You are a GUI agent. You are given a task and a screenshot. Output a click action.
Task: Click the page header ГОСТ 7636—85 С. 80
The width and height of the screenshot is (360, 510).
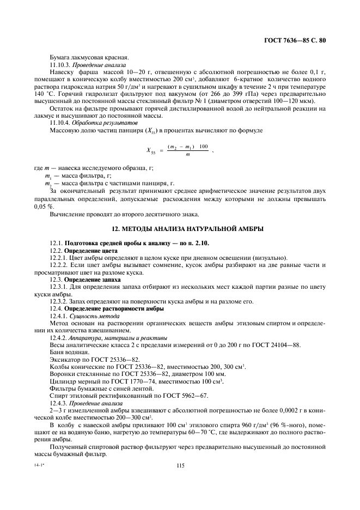point(295,40)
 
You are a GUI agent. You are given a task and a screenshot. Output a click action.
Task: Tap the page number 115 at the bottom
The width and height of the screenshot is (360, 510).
point(180,465)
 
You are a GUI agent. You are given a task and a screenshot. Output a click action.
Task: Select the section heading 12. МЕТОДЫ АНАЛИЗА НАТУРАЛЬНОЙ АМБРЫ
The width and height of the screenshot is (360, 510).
point(180,228)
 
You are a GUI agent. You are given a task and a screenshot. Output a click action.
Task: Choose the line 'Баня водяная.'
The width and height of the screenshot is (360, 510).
point(69,353)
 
